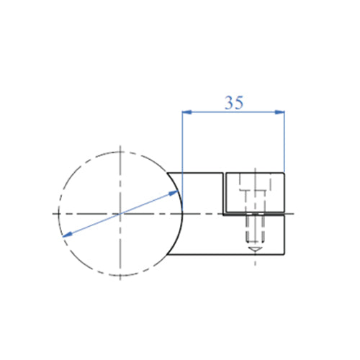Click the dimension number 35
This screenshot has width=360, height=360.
coord(233,103)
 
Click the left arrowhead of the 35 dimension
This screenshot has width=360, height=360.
coord(186,112)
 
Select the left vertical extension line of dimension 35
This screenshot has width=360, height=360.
coord(181,144)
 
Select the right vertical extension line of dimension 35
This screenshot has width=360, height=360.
coord(285,144)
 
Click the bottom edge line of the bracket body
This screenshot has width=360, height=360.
coord(230,256)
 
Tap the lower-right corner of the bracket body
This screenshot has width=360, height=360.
coord(285,256)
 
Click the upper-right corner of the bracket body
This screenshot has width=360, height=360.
coord(285,173)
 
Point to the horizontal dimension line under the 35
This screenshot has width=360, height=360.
coord(233,112)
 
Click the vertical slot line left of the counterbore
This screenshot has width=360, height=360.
coord(225,194)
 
